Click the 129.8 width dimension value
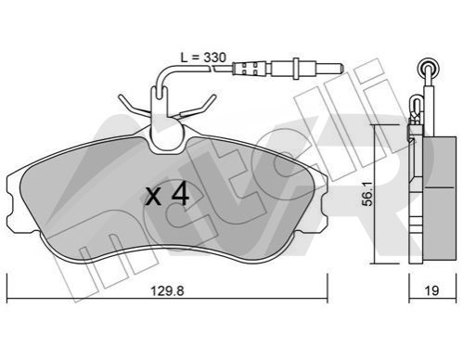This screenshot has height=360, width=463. pyautogui.click(x=167, y=290)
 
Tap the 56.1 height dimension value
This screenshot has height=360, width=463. pyautogui.click(x=367, y=194)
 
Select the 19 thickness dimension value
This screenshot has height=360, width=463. pyautogui.click(x=432, y=290)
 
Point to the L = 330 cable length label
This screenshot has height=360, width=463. pyautogui.click(x=203, y=58)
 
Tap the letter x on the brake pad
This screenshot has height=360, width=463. pyautogui.click(x=153, y=198)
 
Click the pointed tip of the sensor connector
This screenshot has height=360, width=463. pyautogui.click(x=341, y=68)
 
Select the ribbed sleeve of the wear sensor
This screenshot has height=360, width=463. pyautogui.click(x=249, y=69)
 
